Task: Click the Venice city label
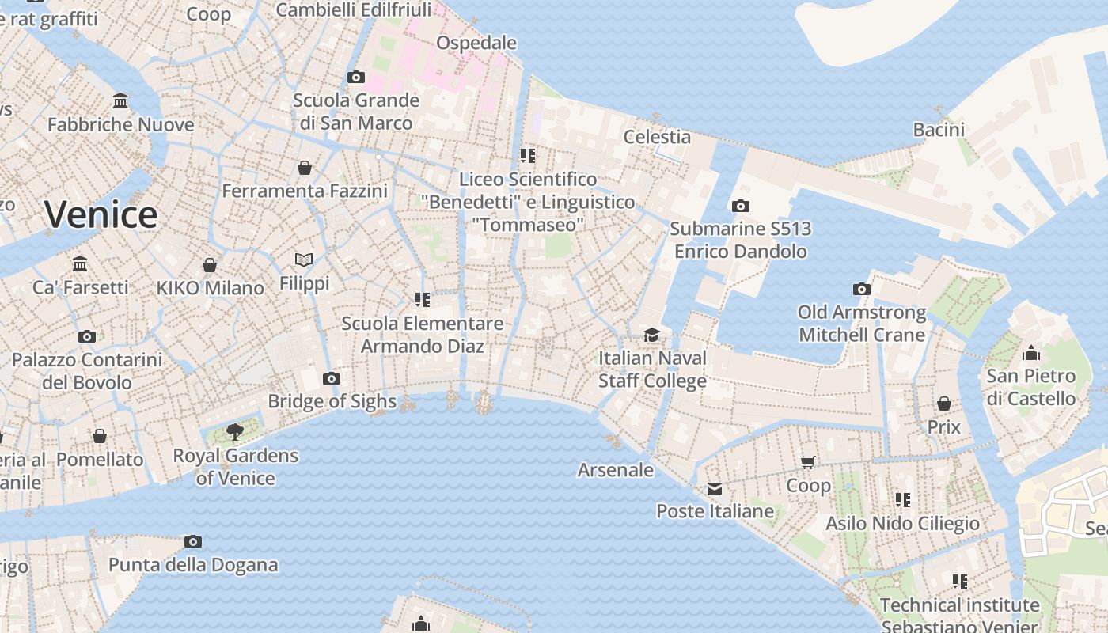coord(101,214)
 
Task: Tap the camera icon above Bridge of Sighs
coord(332,379)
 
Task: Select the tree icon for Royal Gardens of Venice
coord(234,432)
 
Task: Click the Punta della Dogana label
coord(193,565)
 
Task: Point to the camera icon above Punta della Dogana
coord(192,542)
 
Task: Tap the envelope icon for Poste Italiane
coord(715,488)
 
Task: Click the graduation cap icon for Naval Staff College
coord(651,335)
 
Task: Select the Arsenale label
coord(616,470)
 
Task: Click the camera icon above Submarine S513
coord(740,207)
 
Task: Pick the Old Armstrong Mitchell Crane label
coord(862,324)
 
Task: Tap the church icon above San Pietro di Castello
coord(1031,353)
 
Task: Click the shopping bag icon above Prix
coord(944,404)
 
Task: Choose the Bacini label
coord(939,130)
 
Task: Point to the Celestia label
coord(657,137)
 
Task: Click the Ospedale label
coord(476,43)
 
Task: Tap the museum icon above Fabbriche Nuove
coord(120,101)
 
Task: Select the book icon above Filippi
coord(304,260)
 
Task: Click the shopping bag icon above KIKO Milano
coord(210,265)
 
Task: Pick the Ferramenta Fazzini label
coord(305,191)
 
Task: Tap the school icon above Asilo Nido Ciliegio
coord(902,500)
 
